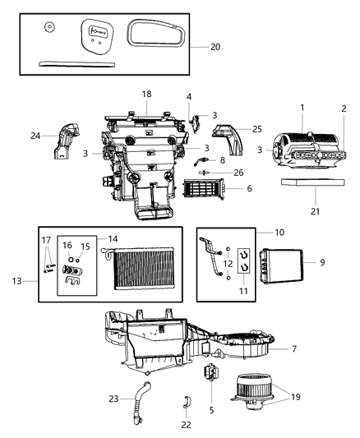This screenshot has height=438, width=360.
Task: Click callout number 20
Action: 215,47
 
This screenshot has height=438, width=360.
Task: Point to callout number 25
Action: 257,129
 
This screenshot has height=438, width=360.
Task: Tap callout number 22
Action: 185,424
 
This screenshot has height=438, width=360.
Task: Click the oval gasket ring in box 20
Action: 155,37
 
